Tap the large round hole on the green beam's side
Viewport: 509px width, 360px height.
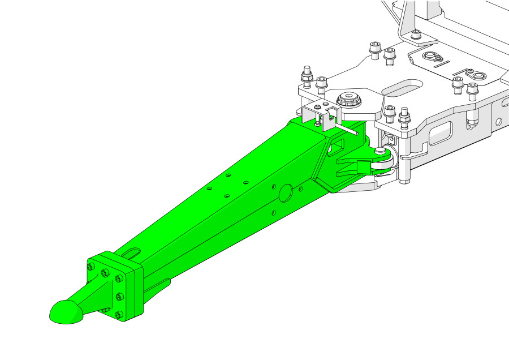(286, 192)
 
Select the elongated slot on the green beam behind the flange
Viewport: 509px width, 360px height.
(132, 252)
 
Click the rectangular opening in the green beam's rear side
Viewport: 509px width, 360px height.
(336, 146)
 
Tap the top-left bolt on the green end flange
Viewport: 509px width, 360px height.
(90, 265)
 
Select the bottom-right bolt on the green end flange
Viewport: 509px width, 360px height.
(118, 315)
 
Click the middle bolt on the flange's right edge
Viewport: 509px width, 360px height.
(119, 297)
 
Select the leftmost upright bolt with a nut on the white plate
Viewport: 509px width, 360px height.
(307, 75)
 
